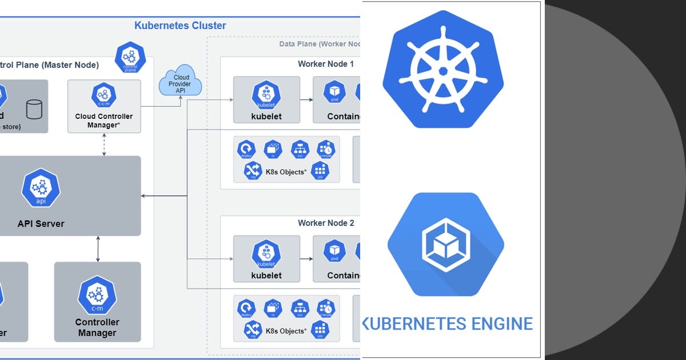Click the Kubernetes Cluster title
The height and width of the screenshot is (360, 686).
point(180,26)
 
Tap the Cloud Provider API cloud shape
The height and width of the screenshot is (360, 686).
point(181,83)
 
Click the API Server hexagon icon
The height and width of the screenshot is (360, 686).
point(41,187)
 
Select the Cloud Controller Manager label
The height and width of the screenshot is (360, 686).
point(103,121)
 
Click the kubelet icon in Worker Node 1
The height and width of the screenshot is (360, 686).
point(266,95)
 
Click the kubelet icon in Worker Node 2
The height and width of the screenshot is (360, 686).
point(266,254)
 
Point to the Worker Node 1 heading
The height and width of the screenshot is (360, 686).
point(325,64)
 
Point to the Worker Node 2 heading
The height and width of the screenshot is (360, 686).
point(325,223)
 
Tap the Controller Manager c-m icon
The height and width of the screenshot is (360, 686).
point(97,295)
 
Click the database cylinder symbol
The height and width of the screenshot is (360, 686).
point(34,109)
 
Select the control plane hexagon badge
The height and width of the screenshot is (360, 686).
point(130,57)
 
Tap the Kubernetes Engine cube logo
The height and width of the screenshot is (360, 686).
point(445,244)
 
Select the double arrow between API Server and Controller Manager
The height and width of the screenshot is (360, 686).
point(98,249)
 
